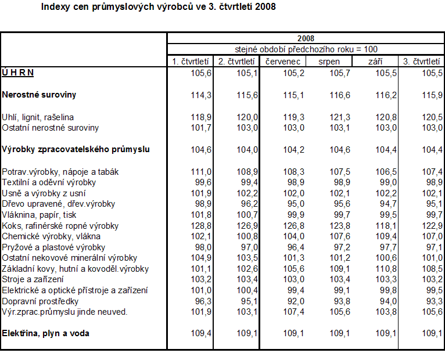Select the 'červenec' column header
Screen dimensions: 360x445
pyautogui.click(x=282, y=61)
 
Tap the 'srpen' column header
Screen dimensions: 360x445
pyautogui.click(x=329, y=61)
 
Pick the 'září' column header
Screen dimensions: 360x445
pyautogui.click(x=375, y=61)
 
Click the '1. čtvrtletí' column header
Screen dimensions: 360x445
pyautogui.click(x=190, y=61)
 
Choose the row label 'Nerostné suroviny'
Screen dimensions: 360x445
pyautogui.click(x=39, y=94)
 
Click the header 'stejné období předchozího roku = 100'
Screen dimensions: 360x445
pyautogui.click(x=306, y=49)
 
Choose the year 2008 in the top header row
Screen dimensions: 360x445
pyautogui.click(x=306, y=39)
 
